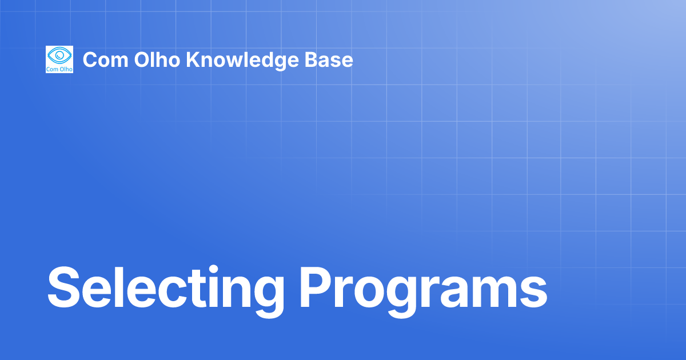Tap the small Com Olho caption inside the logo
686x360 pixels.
(x=59, y=69)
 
